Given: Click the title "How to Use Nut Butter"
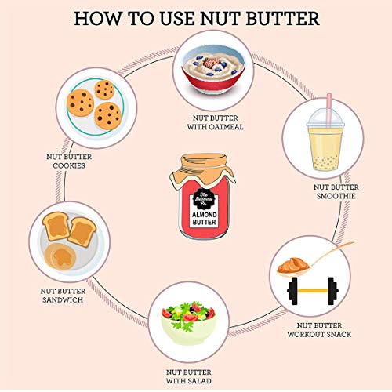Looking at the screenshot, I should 195,18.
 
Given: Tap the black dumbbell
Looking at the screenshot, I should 313,292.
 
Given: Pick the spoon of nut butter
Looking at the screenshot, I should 310,263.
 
